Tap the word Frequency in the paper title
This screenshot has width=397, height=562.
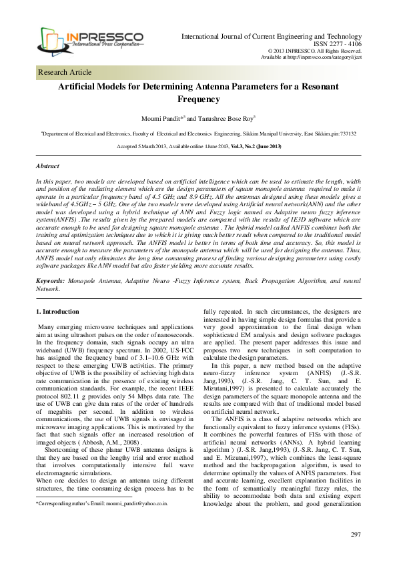click(198, 99)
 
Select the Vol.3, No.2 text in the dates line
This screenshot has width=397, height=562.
click(245, 146)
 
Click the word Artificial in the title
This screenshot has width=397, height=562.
click(83, 87)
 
